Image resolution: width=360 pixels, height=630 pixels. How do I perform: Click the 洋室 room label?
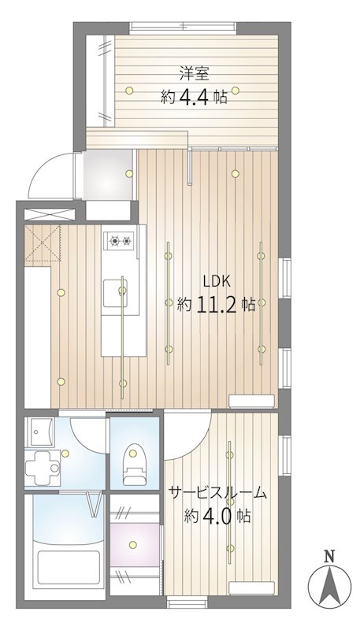click(194, 75)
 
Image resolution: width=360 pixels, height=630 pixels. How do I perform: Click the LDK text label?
click(217, 282)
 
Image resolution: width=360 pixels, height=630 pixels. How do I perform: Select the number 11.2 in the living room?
click(217, 305)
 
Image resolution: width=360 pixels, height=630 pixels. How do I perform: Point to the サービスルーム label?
click(217, 493)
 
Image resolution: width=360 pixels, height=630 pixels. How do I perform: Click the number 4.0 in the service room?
click(215, 516)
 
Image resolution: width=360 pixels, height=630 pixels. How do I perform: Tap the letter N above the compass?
click(329, 557)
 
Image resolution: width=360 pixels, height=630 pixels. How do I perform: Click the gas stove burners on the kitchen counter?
click(121, 241)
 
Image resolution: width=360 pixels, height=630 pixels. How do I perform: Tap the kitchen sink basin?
click(115, 292)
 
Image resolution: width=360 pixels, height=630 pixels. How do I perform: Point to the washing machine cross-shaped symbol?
click(43, 468)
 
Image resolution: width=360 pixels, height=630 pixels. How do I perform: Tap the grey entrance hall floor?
click(108, 175)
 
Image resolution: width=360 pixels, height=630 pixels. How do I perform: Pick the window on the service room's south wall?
click(188, 602)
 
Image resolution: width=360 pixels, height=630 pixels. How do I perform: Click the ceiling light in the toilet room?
click(132, 454)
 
